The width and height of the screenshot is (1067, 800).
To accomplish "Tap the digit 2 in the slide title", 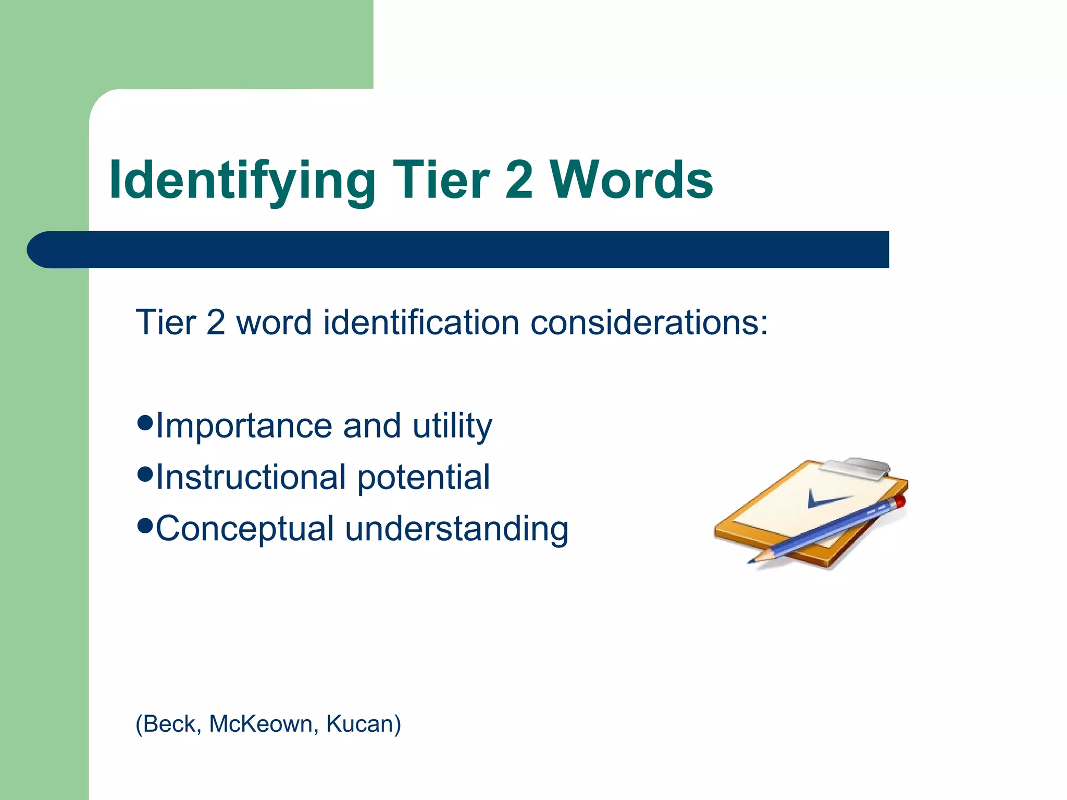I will (x=518, y=180).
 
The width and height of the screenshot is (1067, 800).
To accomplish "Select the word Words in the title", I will (x=631, y=180).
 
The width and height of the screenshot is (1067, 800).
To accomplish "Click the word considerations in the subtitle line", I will (x=649, y=322).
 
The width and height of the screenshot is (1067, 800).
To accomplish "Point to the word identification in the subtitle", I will (x=421, y=322).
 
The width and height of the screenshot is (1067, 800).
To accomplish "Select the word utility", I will (x=452, y=426).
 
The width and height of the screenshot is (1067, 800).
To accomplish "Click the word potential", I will (x=424, y=477).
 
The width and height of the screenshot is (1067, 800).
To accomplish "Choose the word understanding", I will (x=456, y=529).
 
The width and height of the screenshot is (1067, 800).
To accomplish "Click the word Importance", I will (x=244, y=426).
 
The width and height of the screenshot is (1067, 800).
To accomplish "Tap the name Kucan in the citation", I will (x=363, y=724).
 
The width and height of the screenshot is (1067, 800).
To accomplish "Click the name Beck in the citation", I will (x=169, y=724).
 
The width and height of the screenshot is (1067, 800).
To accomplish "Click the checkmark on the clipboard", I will (x=826, y=499).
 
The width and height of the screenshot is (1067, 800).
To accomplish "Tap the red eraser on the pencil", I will (x=899, y=502).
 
